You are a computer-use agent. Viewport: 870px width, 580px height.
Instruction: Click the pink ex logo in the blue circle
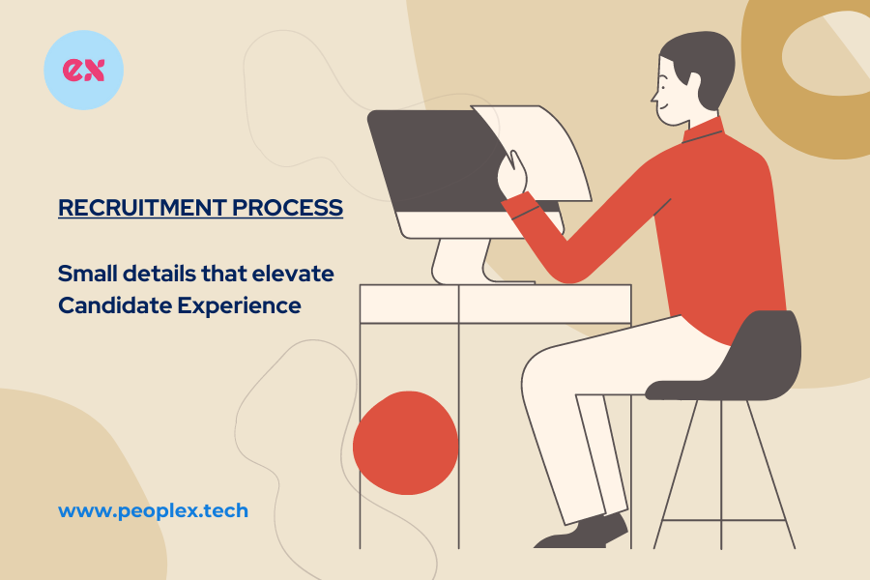(x=83, y=70)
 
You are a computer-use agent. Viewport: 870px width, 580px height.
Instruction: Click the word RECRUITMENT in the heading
(x=142, y=208)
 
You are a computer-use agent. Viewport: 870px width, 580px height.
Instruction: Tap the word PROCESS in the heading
(x=287, y=208)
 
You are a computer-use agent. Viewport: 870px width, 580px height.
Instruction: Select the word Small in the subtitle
(x=88, y=274)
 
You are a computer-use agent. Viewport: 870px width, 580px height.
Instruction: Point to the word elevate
(x=293, y=274)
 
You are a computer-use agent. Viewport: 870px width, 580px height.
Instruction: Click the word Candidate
(x=115, y=305)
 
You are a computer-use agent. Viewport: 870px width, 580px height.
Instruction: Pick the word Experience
(x=239, y=305)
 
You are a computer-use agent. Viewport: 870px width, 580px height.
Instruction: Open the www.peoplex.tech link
(x=153, y=510)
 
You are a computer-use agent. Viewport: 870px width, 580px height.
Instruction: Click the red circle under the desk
(x=406, y=443)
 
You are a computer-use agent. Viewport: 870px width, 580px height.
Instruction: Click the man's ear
(x=693, y=81)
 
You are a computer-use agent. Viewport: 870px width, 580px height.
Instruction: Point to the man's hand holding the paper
(x=512, y=174)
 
